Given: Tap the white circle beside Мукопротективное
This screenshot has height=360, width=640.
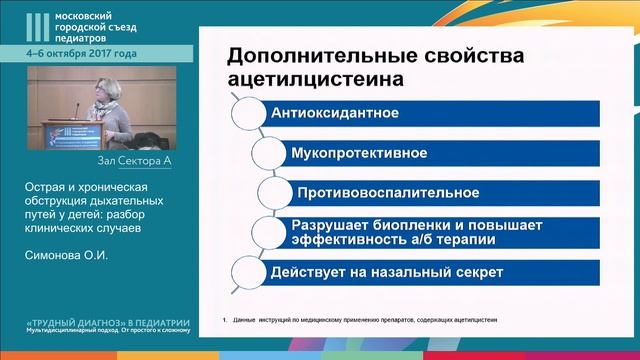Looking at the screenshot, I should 267,153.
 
